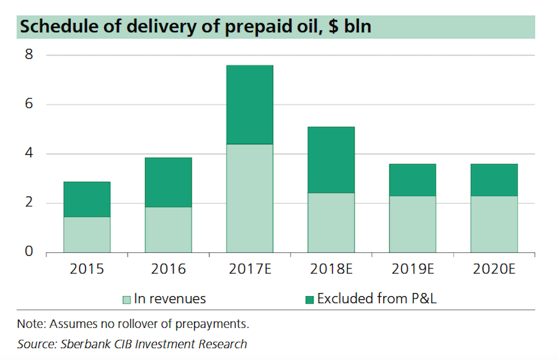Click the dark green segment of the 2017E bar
click(x=249, y=105)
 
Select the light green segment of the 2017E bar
click(x=249, y=198)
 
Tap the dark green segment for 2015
click(x=86, y=199)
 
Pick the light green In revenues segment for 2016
click(x=168, y=230)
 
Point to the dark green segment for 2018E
click(x=331, y=160)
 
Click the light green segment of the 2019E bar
click(x=412, y=224)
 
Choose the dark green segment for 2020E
click(x=494, y=180)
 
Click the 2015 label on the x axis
click(x=87, y=270)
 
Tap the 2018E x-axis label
click(x=331, y=270)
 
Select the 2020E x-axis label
click(x=494, y=270)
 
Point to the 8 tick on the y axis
click(x=29, y=55)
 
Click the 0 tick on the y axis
click(x=29, y=253)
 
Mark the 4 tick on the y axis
click(x=29, y=154)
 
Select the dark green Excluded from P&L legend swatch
click(x=309, y=299)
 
